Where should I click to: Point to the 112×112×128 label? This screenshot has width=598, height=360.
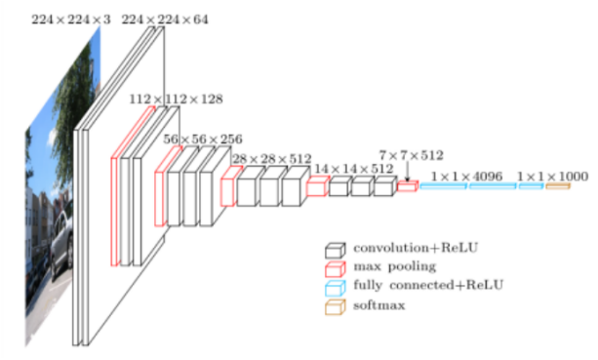pyautogui.click(x=177, y=99)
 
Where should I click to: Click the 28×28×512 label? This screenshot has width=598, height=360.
pyautogui.click(x=272, y=158)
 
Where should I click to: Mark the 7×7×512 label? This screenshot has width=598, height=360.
pyautogui.click(x=412, y=153)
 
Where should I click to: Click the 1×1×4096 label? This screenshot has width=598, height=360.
pyautogui.click(x=466, y=176)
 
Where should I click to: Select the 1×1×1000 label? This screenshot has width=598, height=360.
pyautogui.click(x=552, y=176)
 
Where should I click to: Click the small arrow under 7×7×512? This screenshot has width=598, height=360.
pyautogui.click(x=408, y=172)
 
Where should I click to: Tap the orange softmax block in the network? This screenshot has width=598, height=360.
pyautogui.click(x=557, y=185)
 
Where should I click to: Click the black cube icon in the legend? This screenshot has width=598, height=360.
pyautogui.click(x=337, y=249)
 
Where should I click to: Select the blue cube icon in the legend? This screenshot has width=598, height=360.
pyautogui.click(x=337, y=286)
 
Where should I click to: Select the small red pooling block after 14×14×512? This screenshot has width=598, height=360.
pyautogui.click(x=407, y=185)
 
